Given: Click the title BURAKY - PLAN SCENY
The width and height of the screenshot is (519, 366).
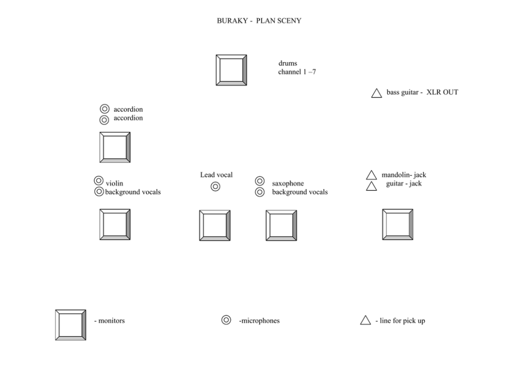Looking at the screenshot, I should [259, 21].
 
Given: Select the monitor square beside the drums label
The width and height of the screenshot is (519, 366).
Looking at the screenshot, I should [231, 70].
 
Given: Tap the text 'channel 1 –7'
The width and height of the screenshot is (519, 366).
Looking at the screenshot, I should [297, 72].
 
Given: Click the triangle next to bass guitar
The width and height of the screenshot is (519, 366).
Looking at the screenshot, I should [376, 93].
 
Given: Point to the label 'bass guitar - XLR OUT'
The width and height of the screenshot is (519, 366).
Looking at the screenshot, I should [422, 92].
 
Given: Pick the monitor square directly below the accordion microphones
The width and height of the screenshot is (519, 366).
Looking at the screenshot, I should [115, 147].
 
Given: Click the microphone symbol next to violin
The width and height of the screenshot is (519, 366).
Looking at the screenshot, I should [98, 181].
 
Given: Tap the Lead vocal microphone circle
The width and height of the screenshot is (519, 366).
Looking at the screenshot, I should [216, 187].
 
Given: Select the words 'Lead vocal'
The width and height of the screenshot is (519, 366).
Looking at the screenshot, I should [216, 175].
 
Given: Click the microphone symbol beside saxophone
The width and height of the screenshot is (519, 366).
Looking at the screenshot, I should [259, 181].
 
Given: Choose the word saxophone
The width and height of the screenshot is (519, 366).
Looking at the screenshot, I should [288, 184].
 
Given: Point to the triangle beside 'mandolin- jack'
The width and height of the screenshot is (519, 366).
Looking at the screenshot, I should [371, 175].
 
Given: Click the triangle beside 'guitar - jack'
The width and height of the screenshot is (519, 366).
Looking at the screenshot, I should [371, 186].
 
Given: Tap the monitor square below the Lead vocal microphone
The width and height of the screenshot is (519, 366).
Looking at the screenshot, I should [215, 226].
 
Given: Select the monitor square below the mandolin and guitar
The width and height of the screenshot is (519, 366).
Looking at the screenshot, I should [398, 225].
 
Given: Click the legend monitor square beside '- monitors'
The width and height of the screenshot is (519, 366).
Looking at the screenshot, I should [71, 325].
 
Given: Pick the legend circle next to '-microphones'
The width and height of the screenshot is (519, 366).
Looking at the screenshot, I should [226, 320].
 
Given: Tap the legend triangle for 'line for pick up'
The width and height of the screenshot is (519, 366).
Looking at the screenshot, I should [365, 321].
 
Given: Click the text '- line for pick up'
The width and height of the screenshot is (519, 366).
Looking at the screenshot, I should [400, 321].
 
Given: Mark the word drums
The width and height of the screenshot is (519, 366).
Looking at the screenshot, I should [288, 64].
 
